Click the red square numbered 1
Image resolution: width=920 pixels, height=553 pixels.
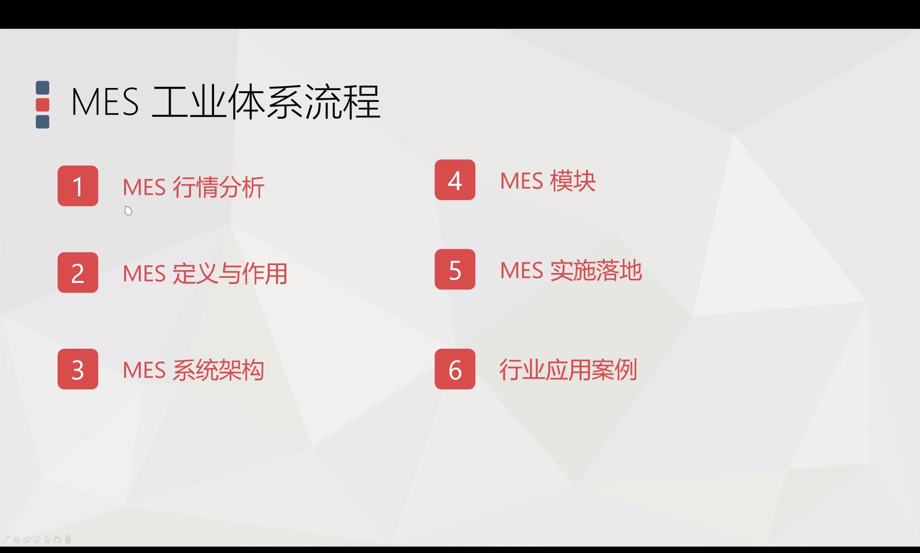(78, 186)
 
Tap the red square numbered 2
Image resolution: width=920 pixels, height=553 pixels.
(78, 273)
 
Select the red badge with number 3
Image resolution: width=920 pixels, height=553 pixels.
(78, 369)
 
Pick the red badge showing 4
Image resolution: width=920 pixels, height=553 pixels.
(455, 180)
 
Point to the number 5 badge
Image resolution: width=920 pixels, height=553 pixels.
(455, 269)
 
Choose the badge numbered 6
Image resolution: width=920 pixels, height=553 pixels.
(455, 369)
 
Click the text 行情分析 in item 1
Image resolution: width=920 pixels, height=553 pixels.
(218, 187)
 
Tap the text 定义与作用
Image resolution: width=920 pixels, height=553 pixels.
(230, 274)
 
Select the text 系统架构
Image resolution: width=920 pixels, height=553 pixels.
(218, 370)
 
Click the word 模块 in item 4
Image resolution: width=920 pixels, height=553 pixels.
(573, 181)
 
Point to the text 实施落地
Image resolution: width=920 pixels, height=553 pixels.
(596, 270)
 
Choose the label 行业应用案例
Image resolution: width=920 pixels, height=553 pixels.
(568, 370)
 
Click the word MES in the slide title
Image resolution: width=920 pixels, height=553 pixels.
(105, 102)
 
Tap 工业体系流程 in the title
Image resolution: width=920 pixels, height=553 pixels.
(266, 102)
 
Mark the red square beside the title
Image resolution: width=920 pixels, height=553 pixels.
(43, 104)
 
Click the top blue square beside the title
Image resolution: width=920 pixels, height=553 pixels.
(43, 88)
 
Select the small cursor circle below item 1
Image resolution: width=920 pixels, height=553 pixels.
(128, 211)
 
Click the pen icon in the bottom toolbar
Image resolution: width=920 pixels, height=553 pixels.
(7, 540)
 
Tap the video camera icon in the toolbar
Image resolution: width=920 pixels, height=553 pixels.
(58, 540)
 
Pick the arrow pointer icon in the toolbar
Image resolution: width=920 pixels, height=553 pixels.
(47, 540)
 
